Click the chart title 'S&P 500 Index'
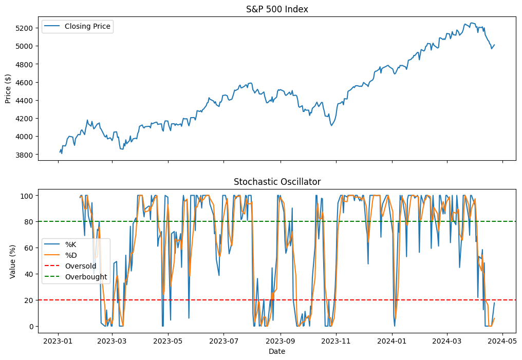pos(277,9)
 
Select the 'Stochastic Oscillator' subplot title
pos(277,182)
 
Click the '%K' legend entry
pos(70,244)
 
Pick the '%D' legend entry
pos(70,255)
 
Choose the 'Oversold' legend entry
pos(81,266)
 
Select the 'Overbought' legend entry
pos(86,277)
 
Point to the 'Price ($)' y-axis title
pos(8,88)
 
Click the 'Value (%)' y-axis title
pos(13,261)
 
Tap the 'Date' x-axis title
pos(277,352)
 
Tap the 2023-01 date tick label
pos(58,340)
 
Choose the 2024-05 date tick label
pos(502,340)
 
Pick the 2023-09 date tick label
pos(280,340)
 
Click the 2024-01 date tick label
pos(392,340)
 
